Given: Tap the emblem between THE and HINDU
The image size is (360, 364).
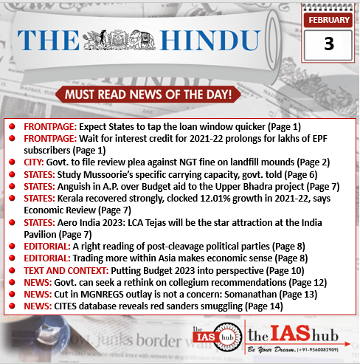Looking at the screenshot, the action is pyautogui.click(x=122, y=43).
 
